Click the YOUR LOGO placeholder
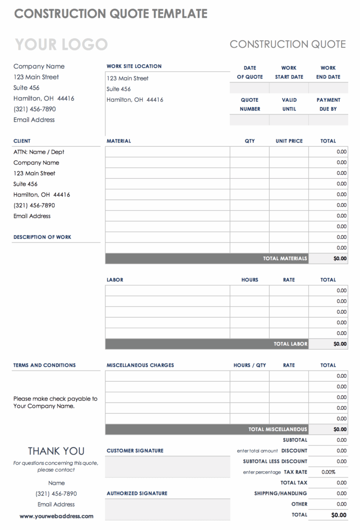(x=61, y=45)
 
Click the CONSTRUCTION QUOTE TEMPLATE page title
(x=111, y=14)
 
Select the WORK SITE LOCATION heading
(x=134, y=67)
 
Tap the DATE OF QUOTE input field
(x=249, y=88)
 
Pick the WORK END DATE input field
(x=328, y=88)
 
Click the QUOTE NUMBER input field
(x=249, y=120)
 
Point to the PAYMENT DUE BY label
(x=328, y=104)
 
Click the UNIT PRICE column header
(x=289, y=141)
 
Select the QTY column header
(x=250, y=141)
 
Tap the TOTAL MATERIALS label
(x=285, y=258)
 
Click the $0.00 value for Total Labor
(x=340, y=344)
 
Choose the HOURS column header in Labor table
(x=250, y=280)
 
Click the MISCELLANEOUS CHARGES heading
(x=140, y=365)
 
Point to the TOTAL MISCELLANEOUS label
(x=277, y=429)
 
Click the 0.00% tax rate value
(x=329, y=472)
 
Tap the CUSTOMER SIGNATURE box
(x=167, y=467)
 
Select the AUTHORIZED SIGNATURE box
(x=167, y=509)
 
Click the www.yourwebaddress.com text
(x=56, y=516)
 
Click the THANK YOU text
(x=56, y=451)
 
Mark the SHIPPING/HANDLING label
(x=280, y=493)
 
